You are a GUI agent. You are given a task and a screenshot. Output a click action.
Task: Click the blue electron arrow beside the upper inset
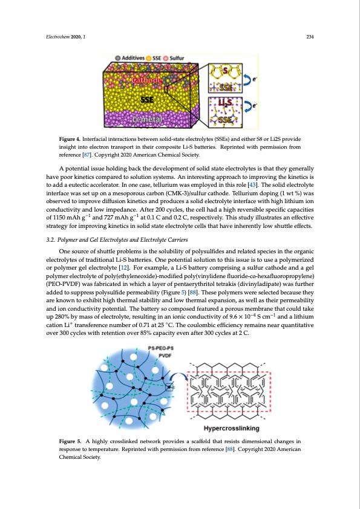(247, 79)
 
